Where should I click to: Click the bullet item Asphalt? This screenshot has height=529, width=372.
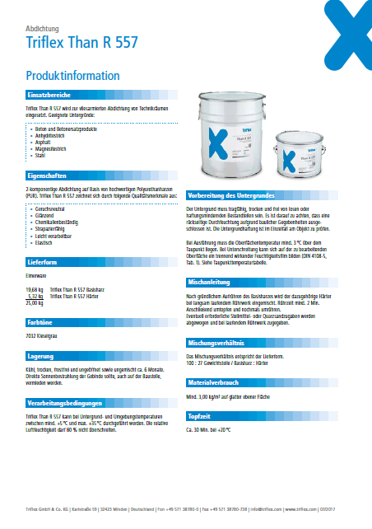click(x=42, y=142)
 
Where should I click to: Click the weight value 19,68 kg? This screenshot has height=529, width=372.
click(x=34, y=291)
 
